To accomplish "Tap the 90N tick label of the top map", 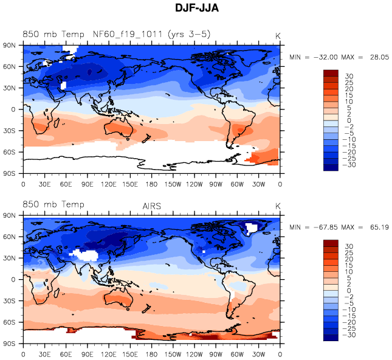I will click(x=9, y=46).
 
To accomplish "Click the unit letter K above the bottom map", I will click(x=278, y=207).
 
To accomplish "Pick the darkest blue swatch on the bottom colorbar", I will click(x=331, y=337).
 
